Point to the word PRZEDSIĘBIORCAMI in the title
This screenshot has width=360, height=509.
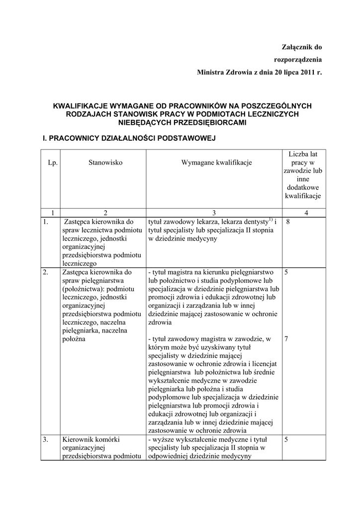tap(212, 122)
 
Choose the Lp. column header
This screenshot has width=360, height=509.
tap(52, 162)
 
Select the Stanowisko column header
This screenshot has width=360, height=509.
tap(105, 162)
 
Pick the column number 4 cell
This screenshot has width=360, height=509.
tap(306, 213)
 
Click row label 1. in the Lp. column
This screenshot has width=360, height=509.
tap(46, 222)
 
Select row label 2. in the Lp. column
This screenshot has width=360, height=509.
tap(46, 272)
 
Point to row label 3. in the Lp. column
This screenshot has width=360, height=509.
tap(46, 439)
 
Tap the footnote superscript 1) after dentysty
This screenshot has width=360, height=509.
tap(270, 220)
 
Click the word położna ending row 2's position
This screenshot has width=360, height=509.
tap(74, 339)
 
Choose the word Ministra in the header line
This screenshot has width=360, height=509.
tap(211, 73)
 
